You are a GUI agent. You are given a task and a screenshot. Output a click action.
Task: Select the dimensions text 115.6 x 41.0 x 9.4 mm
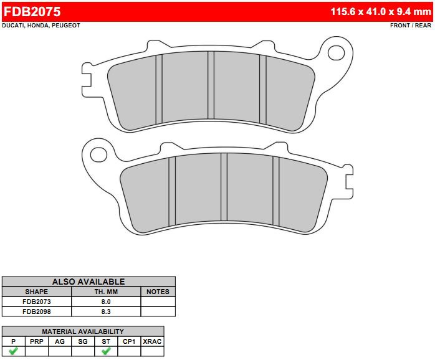[381, 11]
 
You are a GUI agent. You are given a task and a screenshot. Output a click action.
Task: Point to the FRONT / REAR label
[410, 26]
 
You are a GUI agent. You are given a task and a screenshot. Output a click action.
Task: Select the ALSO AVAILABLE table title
[88, 282]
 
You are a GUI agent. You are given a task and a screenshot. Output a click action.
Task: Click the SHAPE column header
[37, 291]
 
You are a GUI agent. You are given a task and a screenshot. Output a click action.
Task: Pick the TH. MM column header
[106, 291]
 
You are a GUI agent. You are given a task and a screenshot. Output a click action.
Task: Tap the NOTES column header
[158, 291]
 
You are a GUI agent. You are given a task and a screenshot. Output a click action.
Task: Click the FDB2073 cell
[37, 301]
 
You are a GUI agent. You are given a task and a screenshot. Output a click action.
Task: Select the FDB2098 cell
[37, 311]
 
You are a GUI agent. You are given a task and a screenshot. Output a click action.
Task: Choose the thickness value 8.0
[106, 301]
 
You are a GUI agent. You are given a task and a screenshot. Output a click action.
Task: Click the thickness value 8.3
[106, 311]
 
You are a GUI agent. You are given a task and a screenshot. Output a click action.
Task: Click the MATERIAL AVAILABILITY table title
[83, 331]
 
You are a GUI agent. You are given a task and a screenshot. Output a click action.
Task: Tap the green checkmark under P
[13, 351]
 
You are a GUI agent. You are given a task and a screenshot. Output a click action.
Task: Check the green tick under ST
[106, 351]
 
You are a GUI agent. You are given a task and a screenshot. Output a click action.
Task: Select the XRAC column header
[152, 341]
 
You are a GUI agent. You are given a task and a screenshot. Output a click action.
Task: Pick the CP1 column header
[129, 341]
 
